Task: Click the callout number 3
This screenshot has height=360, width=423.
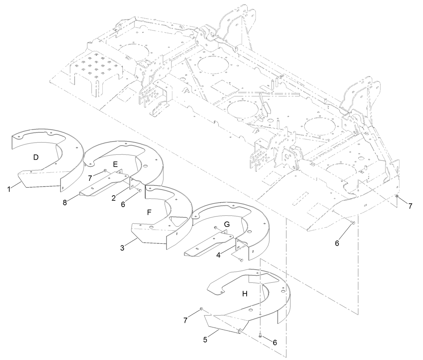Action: (122, 248)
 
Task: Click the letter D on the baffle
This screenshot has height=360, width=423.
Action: (36, 157)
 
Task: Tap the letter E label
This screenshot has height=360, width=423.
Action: (115, 164)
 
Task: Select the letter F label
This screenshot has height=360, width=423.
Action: (149, 212)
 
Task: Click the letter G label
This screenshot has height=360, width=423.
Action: (227, 224)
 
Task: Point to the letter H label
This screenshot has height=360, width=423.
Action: (245, 294)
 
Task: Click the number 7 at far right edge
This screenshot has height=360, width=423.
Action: (410, 206)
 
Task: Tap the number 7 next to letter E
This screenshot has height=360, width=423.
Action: (90, 178)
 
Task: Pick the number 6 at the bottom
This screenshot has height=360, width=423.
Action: (275, 342)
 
